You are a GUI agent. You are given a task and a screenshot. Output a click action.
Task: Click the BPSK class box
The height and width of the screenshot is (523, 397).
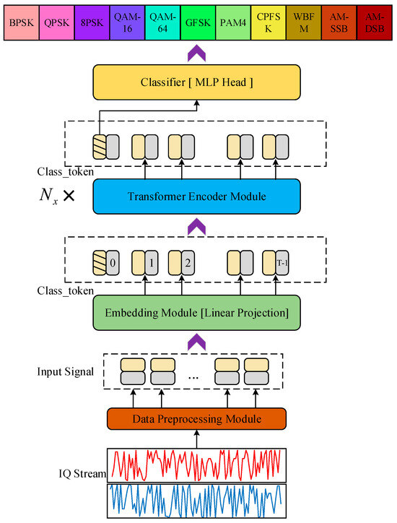coord(20,22)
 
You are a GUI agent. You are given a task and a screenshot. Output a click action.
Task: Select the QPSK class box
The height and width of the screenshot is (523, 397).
coord(56,22)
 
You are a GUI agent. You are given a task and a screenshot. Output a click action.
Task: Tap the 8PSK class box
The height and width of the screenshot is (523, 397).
coord(91,22)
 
